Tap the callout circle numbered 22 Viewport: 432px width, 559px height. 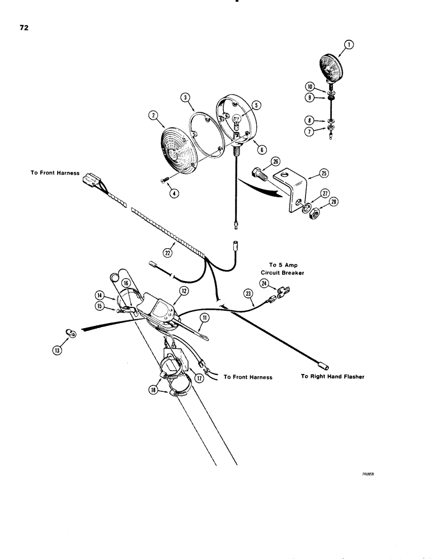point(167,253)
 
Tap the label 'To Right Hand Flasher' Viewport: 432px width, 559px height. point(332,377)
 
